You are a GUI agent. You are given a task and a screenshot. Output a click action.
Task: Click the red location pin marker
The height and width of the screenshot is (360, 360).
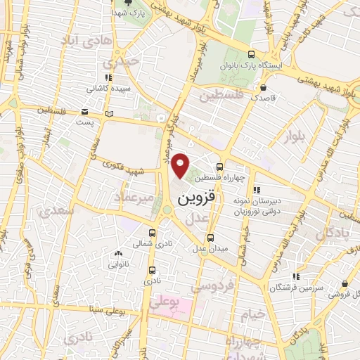181,165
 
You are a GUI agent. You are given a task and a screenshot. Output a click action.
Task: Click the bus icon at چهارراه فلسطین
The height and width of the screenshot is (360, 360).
219,167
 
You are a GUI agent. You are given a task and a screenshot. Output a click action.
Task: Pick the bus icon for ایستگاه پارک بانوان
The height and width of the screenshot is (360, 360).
252,55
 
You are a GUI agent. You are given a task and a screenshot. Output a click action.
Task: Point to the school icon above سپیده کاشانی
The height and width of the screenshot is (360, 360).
107,78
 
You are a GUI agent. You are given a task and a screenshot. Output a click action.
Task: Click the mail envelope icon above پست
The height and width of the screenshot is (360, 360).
84,112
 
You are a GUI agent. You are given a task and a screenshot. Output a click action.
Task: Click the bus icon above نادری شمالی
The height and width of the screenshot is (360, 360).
153,232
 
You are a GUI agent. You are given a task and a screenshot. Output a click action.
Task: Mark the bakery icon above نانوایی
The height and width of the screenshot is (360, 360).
117,254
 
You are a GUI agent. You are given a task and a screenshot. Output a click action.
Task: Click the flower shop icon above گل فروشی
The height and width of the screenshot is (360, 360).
345,284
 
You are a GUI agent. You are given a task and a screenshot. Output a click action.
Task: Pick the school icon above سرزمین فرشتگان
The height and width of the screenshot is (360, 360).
297,276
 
